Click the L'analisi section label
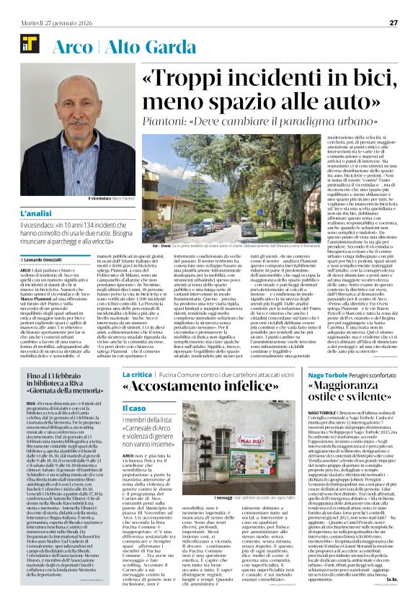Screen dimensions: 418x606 [x=35, y=215]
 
